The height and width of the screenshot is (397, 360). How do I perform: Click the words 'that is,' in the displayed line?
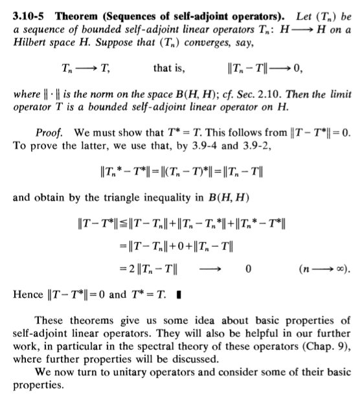pos(168,67)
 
